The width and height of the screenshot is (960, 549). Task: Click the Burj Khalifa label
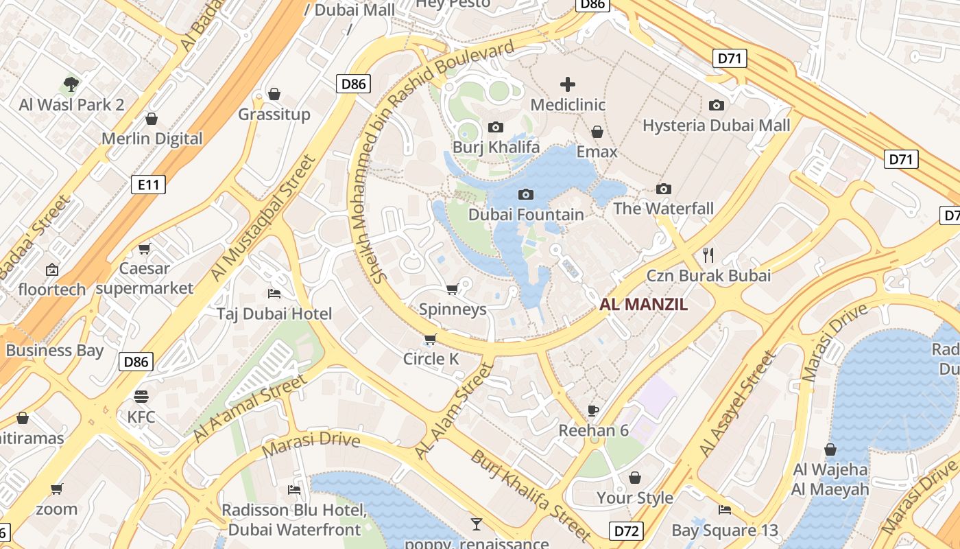(x=496, y=147)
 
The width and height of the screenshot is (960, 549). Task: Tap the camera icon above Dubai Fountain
(x=526, y=195)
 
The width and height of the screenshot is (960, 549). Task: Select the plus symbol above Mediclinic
(x=568, y=84)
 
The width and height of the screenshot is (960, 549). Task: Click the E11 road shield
(x=148, y=184)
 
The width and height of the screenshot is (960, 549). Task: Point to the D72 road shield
(x=627, y=530)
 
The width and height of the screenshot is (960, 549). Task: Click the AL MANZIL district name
(x=643, y=305)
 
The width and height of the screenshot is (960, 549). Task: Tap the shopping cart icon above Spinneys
(x=452, y=290)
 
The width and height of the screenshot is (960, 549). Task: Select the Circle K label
(x=431, y=359)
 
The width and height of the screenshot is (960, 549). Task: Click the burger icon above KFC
(x=141, y=397)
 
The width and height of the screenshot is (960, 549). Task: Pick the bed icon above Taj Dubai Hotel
(x=274, y=294)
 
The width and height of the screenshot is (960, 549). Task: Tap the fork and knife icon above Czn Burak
(x=708, y=255)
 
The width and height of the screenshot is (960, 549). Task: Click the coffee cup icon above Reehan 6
(x=593, y=410)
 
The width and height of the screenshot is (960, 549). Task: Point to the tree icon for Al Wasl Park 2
(x=71, y=84)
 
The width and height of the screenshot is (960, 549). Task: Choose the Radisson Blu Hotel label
(x=294, y=511)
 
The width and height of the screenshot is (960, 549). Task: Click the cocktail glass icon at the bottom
(x=477, y=524)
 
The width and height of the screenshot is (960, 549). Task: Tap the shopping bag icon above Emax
(x=597, y=132)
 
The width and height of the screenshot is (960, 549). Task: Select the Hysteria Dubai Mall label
(x=716, y=126)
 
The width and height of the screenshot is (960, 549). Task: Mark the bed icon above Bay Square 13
(x=725, y=510)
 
